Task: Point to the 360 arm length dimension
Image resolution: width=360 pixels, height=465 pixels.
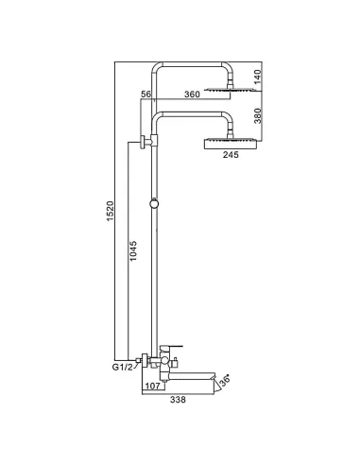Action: (x=192, y=95)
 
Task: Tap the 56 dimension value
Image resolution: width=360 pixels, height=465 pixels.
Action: (x=145, y=95)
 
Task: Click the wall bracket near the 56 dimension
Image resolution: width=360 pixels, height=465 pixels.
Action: (x=145, y=144)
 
